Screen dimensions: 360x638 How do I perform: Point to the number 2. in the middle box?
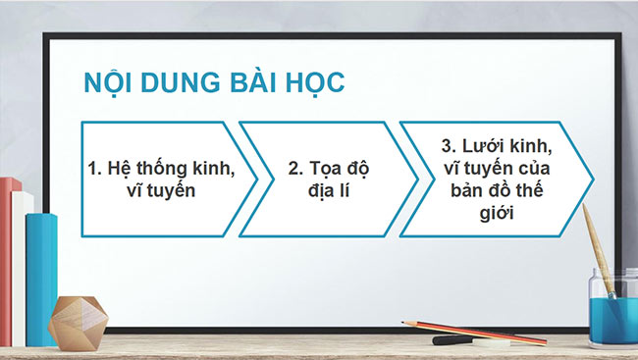(x=294, y=169)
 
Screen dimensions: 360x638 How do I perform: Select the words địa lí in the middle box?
(x=328, y=190)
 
